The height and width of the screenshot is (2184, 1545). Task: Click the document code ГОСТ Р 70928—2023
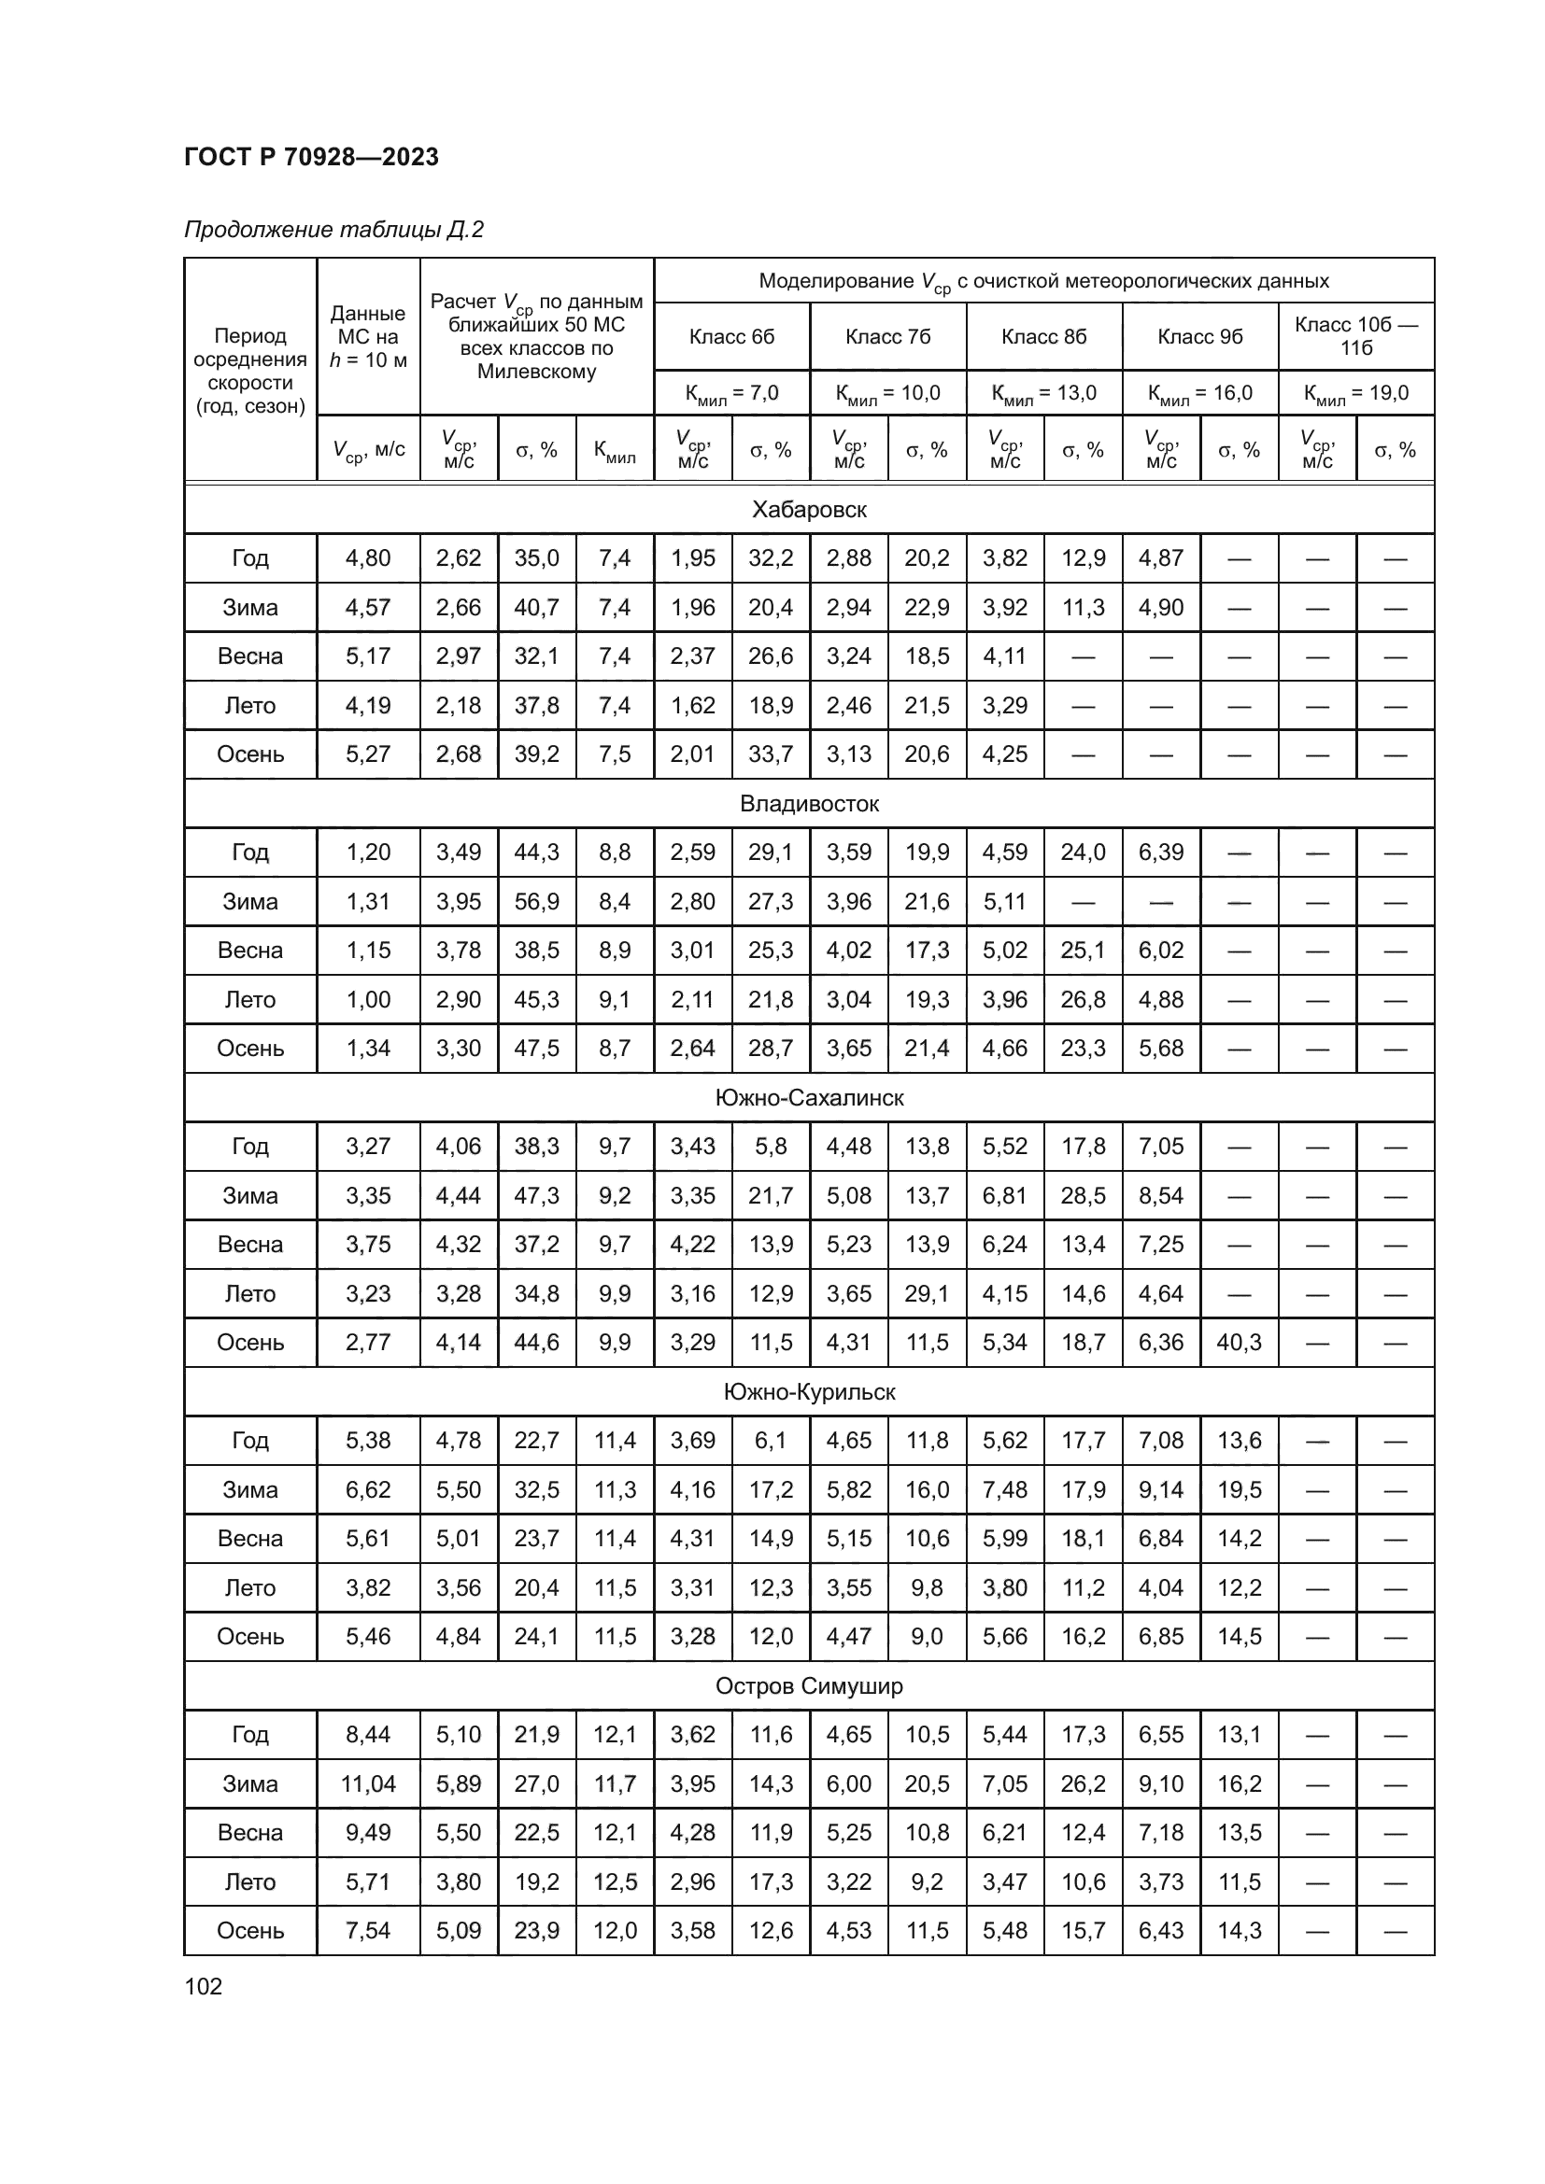[311, 157]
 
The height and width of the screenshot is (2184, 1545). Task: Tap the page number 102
[203, 1986]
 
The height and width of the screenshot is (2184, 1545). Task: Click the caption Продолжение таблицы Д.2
[333, 230]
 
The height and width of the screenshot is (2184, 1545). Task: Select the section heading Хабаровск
[809, 510]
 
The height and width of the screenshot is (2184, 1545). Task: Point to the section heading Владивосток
[809, 804]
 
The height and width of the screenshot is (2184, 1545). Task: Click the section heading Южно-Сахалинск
[809, 1098]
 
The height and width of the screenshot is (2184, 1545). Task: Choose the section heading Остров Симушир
[809, 1686]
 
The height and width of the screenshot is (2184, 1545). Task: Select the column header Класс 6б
[731, 337]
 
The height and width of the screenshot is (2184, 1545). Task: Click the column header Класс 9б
[1199, 337]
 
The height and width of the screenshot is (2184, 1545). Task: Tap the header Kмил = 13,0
[1043, 393]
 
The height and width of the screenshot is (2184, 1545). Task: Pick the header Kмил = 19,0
[1355, 393]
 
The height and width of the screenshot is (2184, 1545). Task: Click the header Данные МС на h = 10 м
[368, 337]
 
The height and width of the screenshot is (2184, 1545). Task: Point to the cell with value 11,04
[368, 1784]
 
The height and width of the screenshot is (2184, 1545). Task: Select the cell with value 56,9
[536, 902]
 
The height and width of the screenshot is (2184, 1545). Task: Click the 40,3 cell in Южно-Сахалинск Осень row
[1239, 1342]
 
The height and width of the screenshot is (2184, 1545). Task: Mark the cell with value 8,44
[368, 1735]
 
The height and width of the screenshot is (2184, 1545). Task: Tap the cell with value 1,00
[368, 1000]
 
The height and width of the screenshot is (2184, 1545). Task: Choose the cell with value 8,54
[1161, 1196]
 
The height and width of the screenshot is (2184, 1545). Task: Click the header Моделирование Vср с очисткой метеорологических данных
[1043, 282]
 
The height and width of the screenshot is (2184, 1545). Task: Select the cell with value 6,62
[368, 1489]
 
